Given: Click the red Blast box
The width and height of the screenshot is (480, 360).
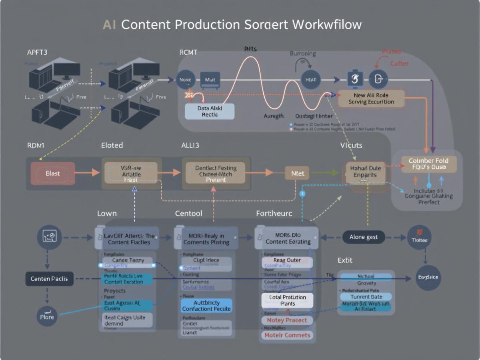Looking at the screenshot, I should coord(53,173).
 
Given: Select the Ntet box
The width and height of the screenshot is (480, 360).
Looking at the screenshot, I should coord(297,173).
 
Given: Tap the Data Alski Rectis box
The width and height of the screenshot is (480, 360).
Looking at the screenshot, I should coord(210,111).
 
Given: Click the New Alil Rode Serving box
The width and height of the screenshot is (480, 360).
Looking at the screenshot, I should coord(371,99).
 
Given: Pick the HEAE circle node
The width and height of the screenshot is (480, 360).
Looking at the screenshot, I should coord(310,80).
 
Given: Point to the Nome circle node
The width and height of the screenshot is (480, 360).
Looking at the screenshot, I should coord(186,80).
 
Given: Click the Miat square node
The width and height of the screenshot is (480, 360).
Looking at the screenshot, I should coord(210,80).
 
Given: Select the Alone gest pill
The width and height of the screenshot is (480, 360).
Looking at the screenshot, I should coord(363,237).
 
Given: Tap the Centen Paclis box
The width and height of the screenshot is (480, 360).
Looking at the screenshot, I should coord(50,278).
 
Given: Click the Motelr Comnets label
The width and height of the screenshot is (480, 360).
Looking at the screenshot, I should coord(287,335).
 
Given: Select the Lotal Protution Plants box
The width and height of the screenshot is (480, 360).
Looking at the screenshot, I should coord(287,300).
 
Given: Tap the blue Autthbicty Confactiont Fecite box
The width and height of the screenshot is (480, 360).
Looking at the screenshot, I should coord(206,306).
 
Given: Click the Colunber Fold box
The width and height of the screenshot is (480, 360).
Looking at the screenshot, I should coord(428,164).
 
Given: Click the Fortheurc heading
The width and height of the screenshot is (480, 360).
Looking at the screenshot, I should coord(274,214).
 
